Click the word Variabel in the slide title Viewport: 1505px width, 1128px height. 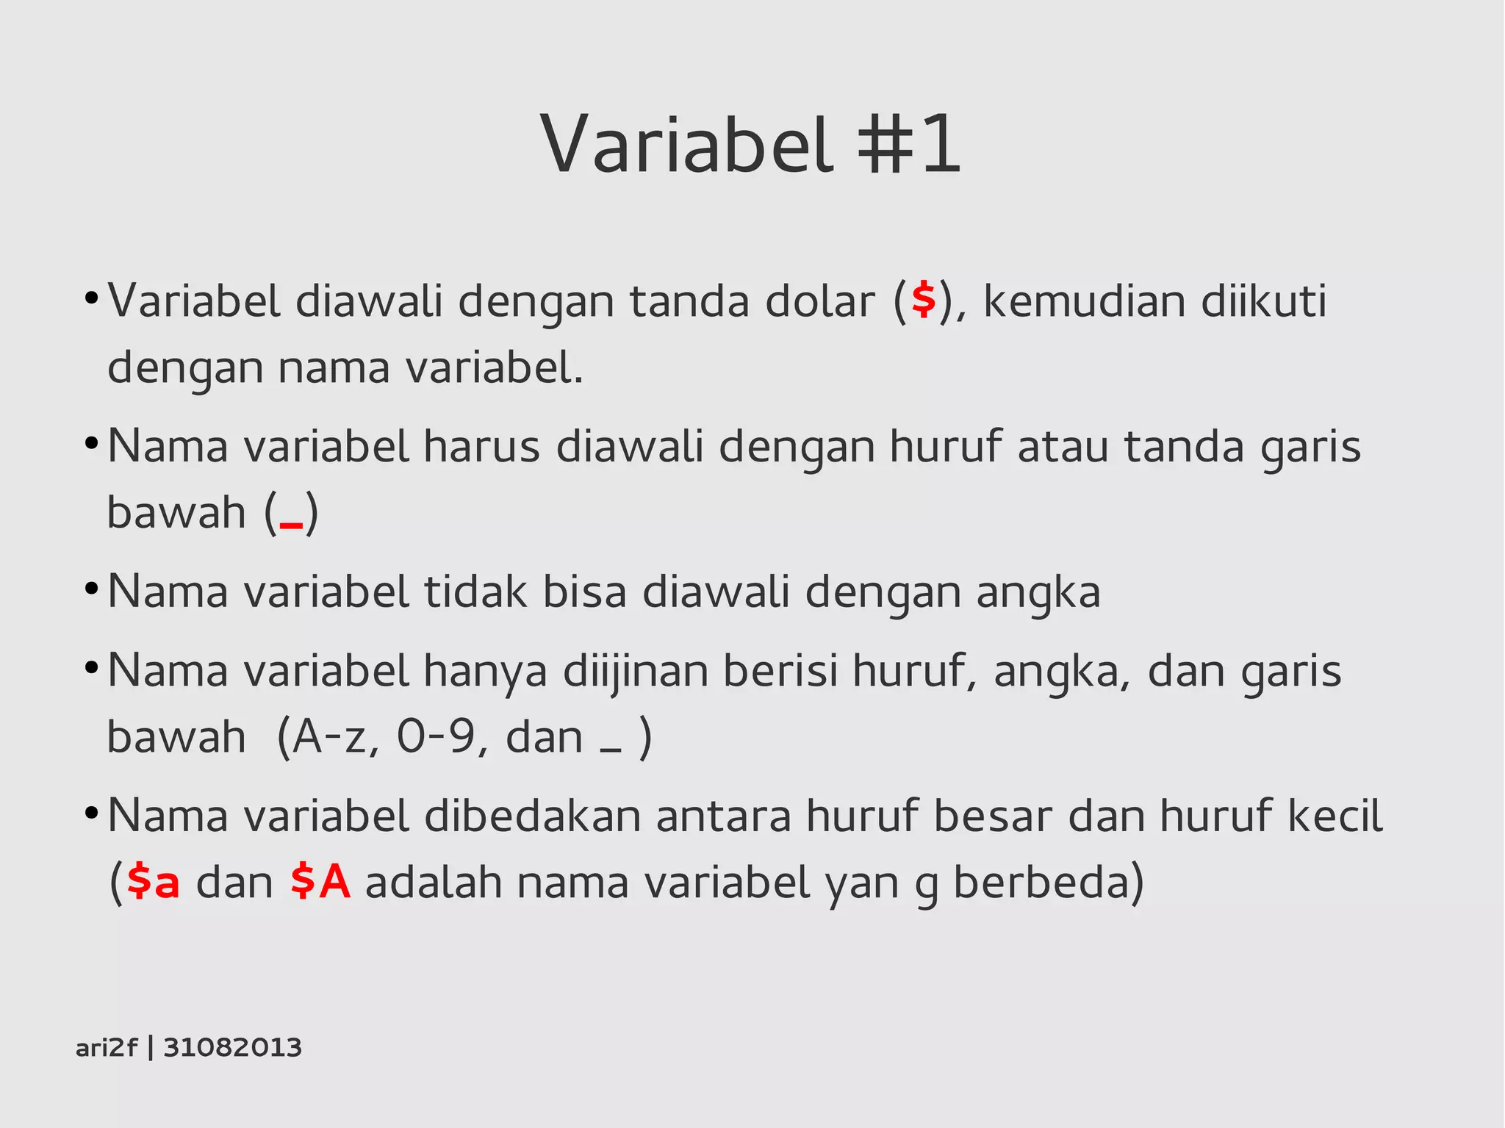tap(686, 144)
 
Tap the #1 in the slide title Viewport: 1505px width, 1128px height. tap(909, 144)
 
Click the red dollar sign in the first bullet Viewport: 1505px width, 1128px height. tap(924, 300)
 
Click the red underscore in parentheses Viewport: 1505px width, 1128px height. tap(291, 523)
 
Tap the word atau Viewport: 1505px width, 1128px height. tap(1063, 446)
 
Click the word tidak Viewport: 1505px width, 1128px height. tap(475, 592)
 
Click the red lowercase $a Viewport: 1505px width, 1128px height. tap(153, 882)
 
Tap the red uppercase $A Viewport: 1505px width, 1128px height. tap(320, 882)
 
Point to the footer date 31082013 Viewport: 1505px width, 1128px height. tap(232, 1047)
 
